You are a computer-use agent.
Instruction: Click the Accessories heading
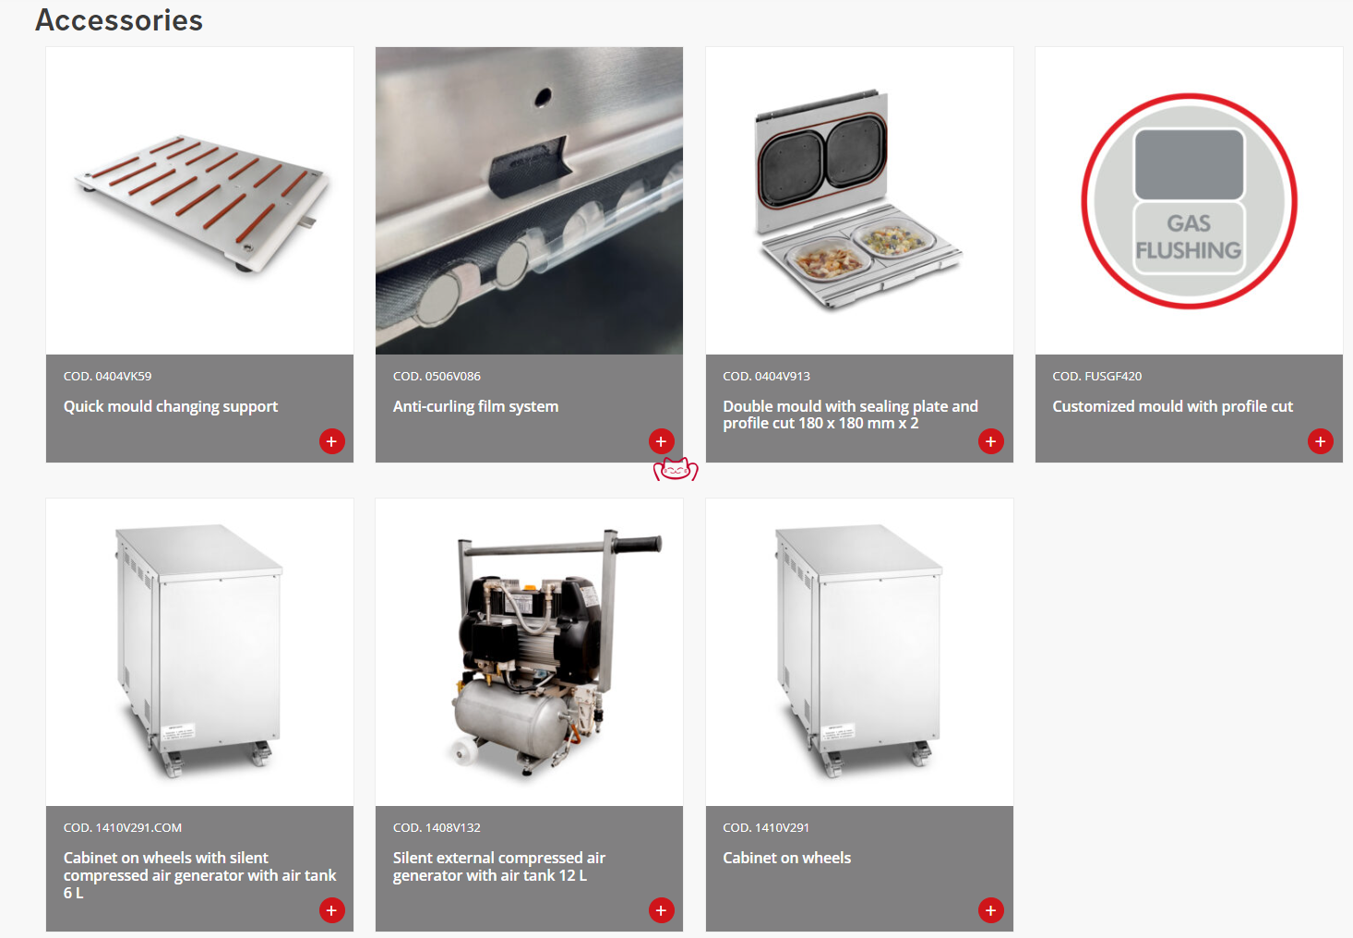[x=119, y=20]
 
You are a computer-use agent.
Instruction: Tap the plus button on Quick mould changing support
[x=331, y=441]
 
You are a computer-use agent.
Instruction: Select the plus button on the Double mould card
[x=990, y=441]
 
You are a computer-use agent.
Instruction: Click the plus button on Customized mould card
[x=1320, y=441]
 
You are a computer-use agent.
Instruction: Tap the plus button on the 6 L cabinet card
[x=331, y=910]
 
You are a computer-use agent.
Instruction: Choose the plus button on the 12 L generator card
[x=661, y=910]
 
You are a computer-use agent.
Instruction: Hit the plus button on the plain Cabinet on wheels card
[x=990, y=910]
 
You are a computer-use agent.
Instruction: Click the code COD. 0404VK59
[x=107, y=376]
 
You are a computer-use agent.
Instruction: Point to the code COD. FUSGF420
[x=1097, y=376]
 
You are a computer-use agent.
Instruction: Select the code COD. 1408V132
[x=437, y=827]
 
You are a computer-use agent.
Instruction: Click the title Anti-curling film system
[x=475, y=406]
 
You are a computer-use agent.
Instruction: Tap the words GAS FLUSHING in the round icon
[x=1188, y=237]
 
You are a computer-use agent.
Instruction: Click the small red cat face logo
[x=676, y=470]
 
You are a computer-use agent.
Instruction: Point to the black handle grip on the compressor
[x=639, y=544]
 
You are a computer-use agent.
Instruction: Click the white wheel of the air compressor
[x=465, y=753]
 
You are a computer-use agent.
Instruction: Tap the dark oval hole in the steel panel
[x=543, y=97]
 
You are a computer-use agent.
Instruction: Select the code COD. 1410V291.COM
[x=123, y=827]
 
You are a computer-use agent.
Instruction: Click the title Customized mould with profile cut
[x=1172, y=406]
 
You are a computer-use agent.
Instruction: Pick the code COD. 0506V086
[x=437, y=376]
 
